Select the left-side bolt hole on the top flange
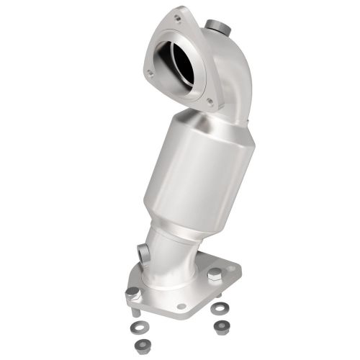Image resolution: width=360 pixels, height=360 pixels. [149, 73]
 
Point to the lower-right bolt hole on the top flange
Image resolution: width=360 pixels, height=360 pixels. [210, 102]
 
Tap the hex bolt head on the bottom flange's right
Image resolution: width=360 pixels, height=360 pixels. [215, 274]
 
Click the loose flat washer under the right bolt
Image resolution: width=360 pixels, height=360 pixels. [217, 307]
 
